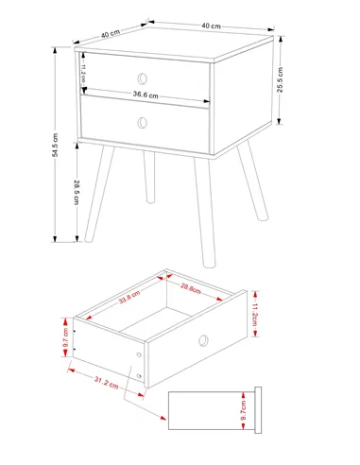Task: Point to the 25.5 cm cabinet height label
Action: tap(280, 80)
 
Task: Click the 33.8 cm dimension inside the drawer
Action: tap(129, 299)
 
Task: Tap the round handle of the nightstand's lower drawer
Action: tap(143, 121)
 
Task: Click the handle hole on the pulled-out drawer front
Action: tap(202, 339)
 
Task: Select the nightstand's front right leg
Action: tap(206, 214)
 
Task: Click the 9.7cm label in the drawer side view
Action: tap(243, 409)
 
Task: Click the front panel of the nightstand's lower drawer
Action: tap(144, 127)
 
